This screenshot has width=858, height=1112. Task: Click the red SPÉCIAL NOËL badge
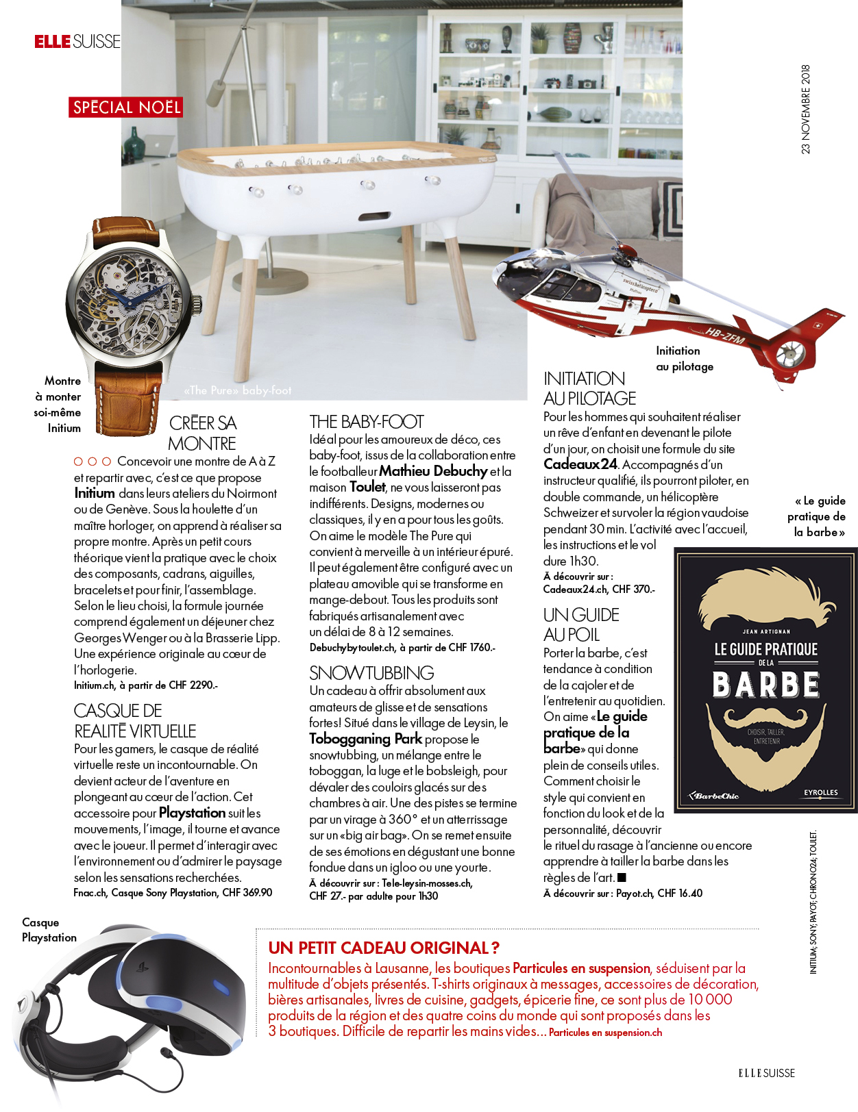[126, 108]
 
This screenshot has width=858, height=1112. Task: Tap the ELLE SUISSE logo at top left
[77, 42]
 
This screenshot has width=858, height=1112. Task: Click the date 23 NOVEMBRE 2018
[805, 110]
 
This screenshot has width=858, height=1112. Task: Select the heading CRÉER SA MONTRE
[202, 433]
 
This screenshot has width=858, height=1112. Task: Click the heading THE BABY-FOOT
[367, 422]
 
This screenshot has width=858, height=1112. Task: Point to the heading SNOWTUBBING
[371, 673]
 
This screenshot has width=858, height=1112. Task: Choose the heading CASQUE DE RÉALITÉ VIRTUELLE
[135, 721]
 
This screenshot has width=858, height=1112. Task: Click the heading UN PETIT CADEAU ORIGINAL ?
[384, 948]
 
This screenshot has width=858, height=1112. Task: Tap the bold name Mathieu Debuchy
[433, 471]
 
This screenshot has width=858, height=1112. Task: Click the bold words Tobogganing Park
[365, 739]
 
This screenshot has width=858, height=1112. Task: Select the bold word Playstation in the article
[192, 813]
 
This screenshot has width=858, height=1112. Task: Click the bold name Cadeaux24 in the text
[580, 464]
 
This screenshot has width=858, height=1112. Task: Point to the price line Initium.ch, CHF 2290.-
[146, 685]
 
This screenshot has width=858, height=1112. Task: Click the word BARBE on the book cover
[766, 685]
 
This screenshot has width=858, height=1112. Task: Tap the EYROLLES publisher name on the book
[820, 792]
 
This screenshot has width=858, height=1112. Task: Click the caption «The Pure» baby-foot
[238, 390]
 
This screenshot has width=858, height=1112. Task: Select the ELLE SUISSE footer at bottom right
[766, 1073]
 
